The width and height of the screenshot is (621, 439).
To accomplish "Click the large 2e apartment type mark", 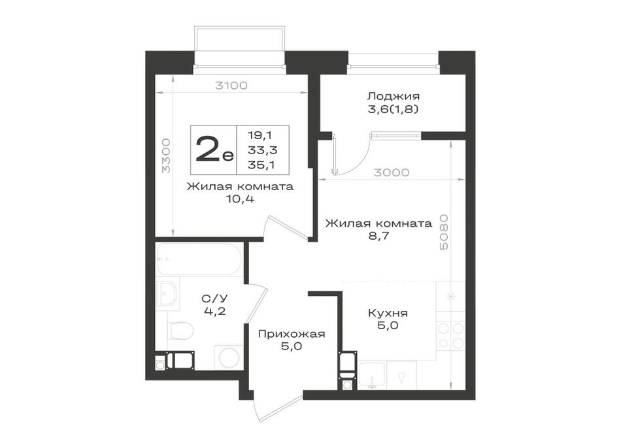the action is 214,150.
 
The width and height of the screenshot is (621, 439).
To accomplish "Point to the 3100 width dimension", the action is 231,85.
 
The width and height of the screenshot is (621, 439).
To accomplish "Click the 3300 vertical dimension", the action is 166,155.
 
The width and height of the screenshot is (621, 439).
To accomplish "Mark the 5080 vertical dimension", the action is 444,232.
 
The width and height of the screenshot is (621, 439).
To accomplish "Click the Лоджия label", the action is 394,96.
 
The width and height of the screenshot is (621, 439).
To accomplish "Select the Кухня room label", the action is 388,313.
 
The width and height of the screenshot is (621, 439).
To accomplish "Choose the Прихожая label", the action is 292,334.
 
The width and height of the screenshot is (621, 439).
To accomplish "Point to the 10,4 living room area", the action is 240,199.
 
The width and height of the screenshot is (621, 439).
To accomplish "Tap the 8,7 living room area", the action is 378,236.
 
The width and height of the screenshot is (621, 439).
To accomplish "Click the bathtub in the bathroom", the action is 199,259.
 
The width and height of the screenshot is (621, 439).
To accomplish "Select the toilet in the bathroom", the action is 180,330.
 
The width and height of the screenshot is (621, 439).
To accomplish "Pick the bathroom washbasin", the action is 168,294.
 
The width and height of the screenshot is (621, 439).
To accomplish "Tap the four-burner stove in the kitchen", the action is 450,336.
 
